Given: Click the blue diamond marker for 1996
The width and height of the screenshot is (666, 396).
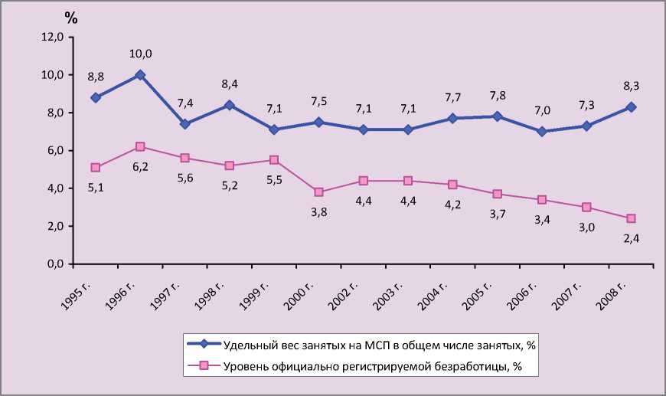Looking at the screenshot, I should [x=140, y=75].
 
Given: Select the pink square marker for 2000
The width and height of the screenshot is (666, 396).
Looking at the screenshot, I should [x=318, y=192].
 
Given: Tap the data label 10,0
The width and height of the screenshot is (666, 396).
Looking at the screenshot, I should [x=140, y=54].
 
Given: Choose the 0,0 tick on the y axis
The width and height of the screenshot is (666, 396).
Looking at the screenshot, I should [x=54, y=264].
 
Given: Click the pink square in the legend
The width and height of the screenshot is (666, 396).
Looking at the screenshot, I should [x=203, y=365].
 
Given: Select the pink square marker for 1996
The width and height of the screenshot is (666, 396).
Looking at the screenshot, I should [x=140, y=146].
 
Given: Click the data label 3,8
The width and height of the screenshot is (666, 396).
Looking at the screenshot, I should [x=318, y=213].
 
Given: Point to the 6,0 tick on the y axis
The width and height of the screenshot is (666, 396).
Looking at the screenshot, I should [x=54, y=151].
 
